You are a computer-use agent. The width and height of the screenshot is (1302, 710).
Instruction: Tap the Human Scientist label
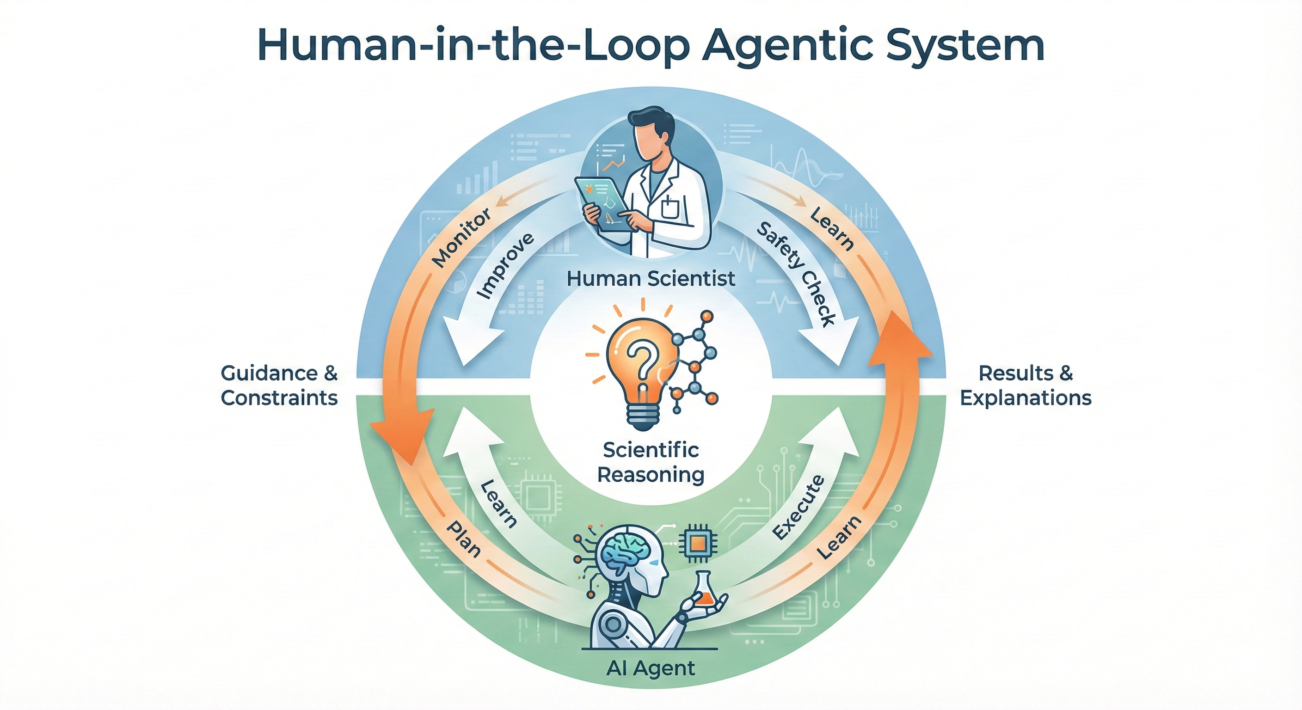(x=651, y=278)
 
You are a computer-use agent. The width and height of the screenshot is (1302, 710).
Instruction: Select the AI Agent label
(x=651, y=668)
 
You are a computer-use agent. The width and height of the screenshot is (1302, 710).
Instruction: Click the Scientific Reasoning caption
(x=651, y=462)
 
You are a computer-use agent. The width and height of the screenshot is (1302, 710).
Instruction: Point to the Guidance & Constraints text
(x=279, y=386)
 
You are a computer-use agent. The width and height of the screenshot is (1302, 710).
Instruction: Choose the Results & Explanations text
(x=1026, y=386)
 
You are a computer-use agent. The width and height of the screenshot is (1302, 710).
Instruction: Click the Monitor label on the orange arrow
(x=461, y=238)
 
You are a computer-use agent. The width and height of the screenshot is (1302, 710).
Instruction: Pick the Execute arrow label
(x=798, y=508)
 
